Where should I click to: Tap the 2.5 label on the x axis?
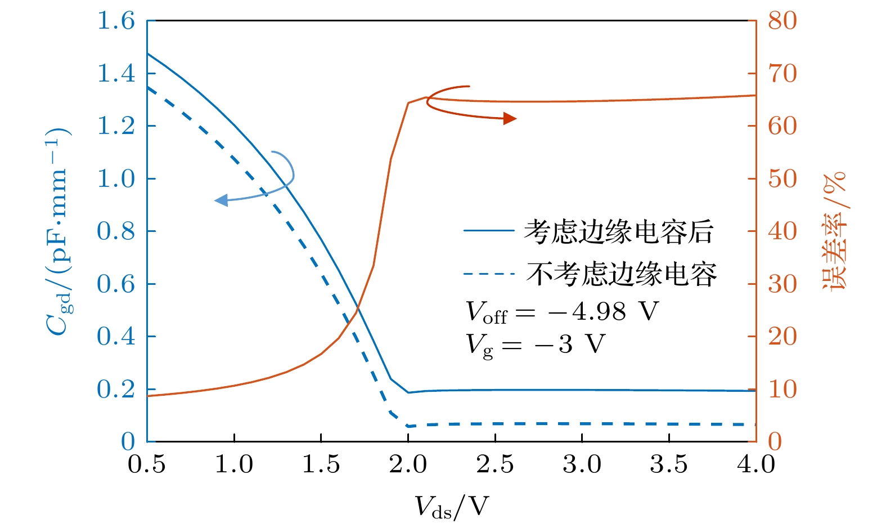pos(495,465)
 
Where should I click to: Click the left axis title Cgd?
pos(58,231)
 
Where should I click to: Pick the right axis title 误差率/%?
pos(834,231)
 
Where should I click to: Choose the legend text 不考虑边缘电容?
pos(622,274)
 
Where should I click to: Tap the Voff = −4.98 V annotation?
pos(561,312)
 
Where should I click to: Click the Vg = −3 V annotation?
pos(535,344)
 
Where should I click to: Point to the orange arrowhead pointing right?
pos(510,118)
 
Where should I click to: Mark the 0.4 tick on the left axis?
pos(116,337)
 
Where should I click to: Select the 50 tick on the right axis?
pos(782,179)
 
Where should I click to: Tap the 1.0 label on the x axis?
pos(234,465)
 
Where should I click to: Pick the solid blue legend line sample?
pos(488,231)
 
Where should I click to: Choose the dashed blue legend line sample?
pos(488,274)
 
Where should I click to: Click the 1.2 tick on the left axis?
pos(116,126)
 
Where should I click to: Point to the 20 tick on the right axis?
pos(782,337)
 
